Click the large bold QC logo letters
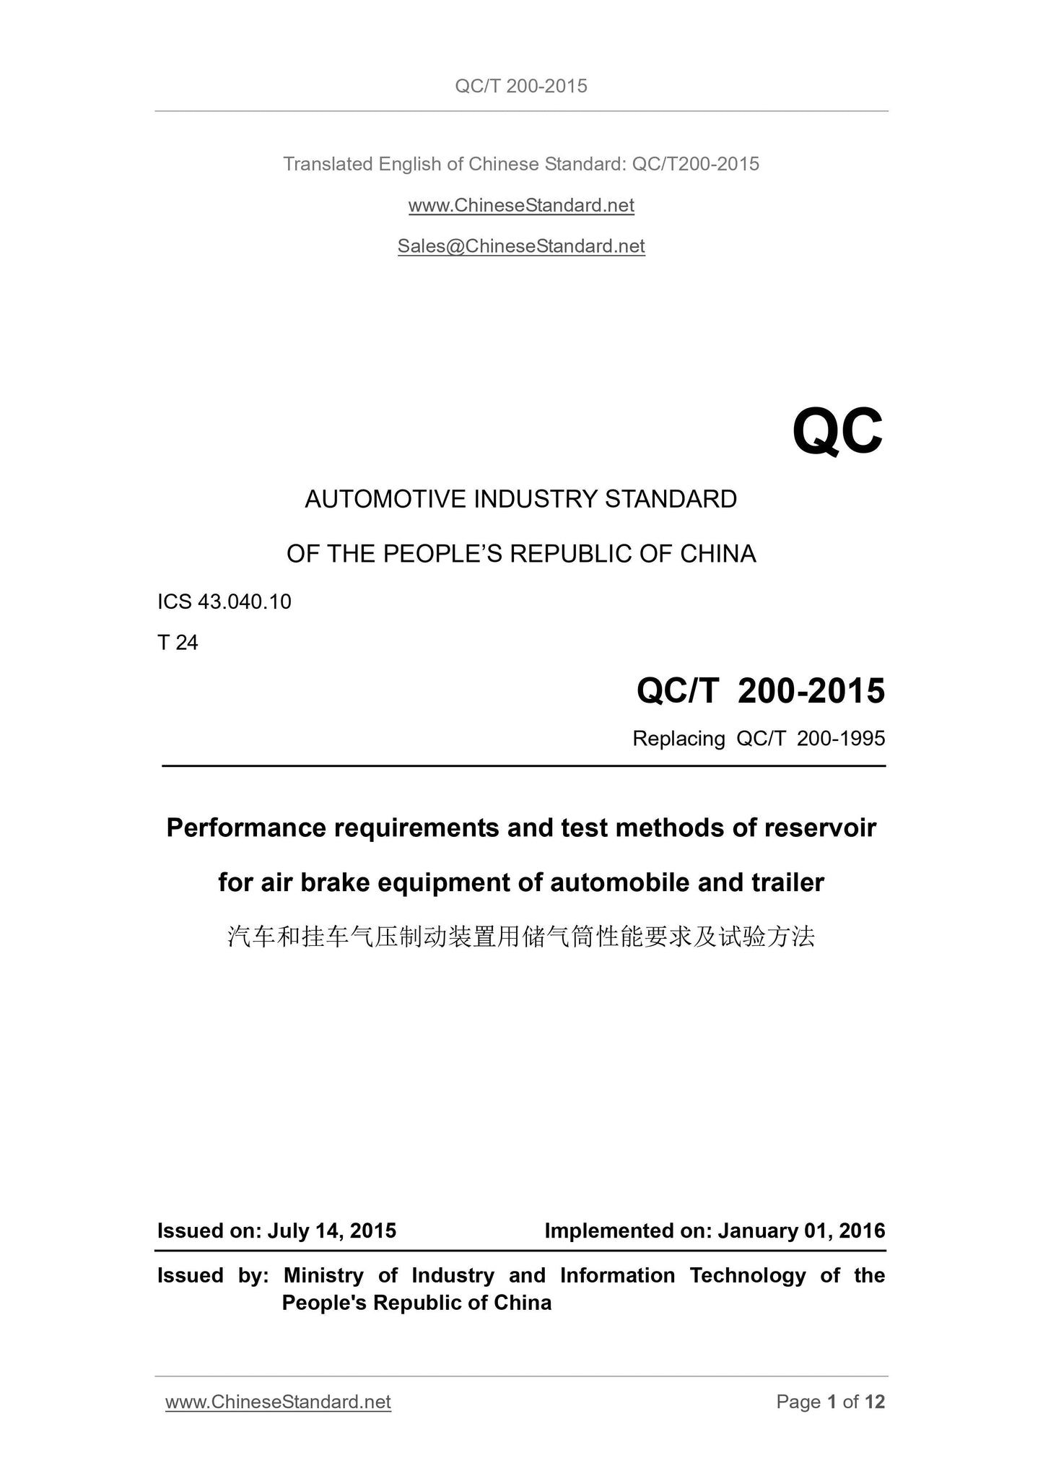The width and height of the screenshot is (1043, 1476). point(837,432)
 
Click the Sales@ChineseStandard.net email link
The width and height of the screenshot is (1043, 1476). point(520,246)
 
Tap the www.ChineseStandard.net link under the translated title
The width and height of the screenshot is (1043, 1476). point(520,205)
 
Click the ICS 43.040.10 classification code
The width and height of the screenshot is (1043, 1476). point(224,602)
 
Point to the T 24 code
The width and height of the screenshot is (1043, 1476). point(178,643)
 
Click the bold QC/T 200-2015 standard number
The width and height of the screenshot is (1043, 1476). point(760,691)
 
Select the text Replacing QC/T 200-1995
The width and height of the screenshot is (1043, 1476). point(758,739)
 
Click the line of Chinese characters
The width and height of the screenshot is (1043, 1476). point(520,937)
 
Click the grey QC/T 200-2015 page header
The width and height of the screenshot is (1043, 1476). point(520,87)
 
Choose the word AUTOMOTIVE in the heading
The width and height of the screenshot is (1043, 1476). point(385,499)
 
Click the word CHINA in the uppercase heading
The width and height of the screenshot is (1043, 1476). point(717,554)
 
